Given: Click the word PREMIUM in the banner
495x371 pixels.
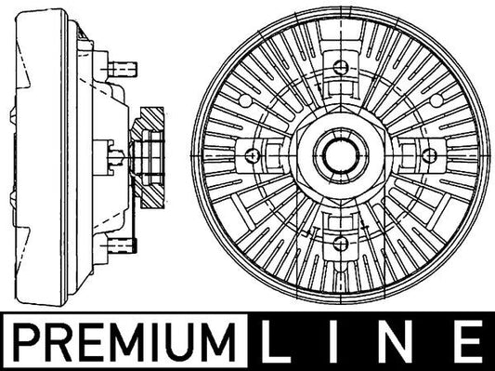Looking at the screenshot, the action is [124, 342].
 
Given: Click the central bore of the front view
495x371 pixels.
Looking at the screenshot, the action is [341, 155].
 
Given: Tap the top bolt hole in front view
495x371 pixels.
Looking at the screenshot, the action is [341, 67].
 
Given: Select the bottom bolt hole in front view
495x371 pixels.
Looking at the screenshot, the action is [341, 243].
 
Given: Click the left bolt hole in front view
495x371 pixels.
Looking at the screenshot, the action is [253, 155].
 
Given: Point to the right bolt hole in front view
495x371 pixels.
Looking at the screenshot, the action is [429, 155].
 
